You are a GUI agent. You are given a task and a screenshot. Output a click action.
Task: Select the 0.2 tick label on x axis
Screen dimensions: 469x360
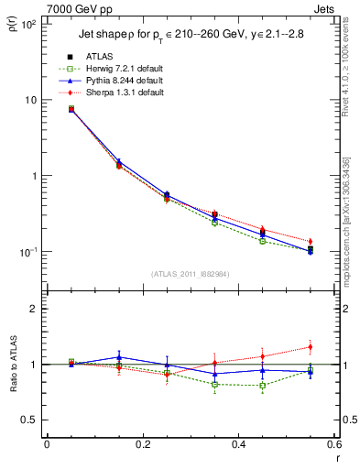tap(142, 444)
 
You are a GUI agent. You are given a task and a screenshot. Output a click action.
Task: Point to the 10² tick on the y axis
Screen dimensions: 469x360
tap(27, 25)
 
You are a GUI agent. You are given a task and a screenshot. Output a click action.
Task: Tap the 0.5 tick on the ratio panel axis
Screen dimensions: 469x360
tap(29, 420)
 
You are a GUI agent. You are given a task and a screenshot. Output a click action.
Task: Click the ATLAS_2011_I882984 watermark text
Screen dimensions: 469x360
tap(190, 274)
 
